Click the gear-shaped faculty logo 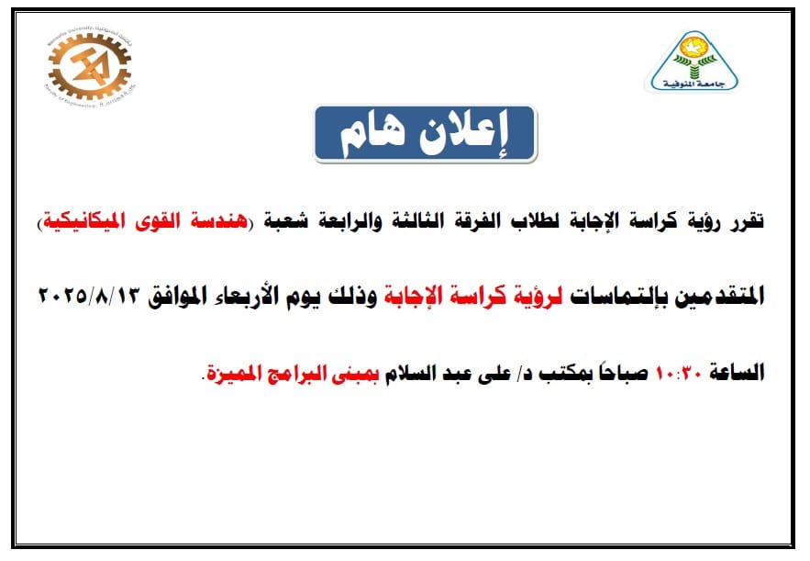click(89, 67)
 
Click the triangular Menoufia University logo click(694, 62)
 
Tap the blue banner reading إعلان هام click(425, 134)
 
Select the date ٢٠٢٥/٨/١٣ click(90, 296)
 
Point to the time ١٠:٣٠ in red click(678, 372)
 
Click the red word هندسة click(219, 221)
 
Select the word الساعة click(737, 372)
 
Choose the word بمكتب click(563, 372)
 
